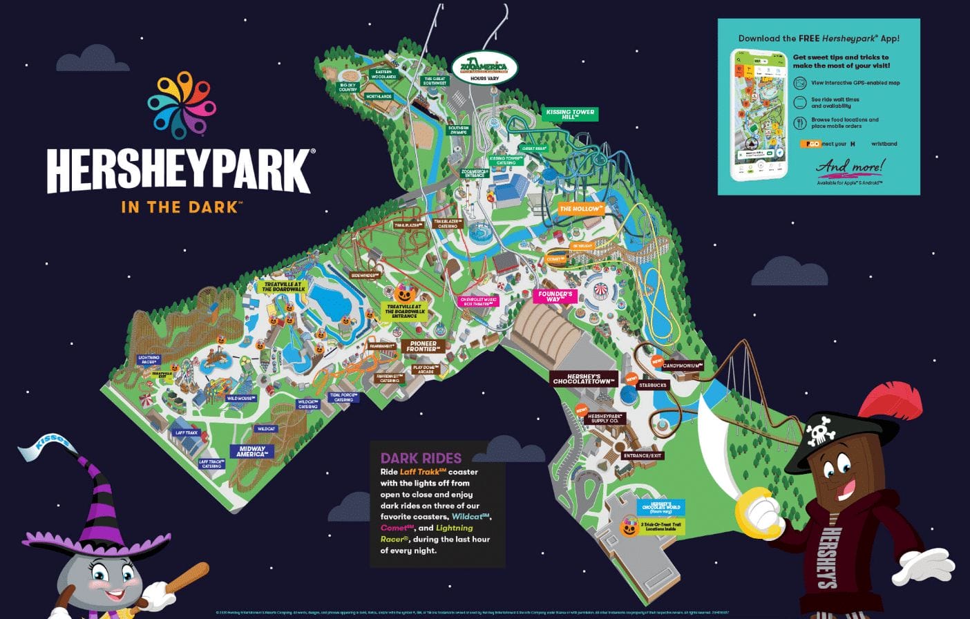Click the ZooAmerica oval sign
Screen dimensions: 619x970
click(484, 68)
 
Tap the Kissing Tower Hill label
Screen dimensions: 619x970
click(570, 114)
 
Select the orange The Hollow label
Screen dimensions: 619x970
click(581, 208)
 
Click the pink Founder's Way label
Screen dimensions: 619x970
click(555, 296)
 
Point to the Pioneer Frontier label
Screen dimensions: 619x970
click(423, 346)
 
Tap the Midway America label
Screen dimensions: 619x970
click(251, 452)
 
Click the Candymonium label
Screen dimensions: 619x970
click(683, 365)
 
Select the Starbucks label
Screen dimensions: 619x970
click(652, 385)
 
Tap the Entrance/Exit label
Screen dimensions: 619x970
click(643, 456)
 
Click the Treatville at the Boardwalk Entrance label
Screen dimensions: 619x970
click(404, 311)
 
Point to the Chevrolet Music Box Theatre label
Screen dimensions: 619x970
click(479, 301)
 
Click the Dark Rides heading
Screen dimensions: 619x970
click(421, 457)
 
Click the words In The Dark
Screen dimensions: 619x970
click(180, 207)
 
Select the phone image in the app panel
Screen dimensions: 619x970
click(759, 114)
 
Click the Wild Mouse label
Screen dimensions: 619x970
click(241, 399)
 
